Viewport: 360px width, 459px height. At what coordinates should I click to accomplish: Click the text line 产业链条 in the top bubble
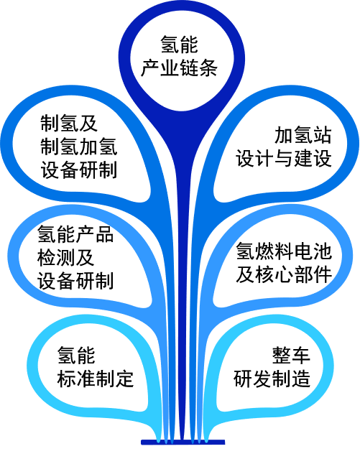click(x=179, y=68)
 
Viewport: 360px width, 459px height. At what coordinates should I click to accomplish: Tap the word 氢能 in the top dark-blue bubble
click(x=179, y=45)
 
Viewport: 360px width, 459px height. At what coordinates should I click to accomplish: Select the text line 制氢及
click(x=69, y=124)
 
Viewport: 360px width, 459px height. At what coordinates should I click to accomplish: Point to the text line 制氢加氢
click(x=79, y=147)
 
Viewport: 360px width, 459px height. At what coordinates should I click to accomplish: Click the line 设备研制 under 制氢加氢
click(x=79, y=170)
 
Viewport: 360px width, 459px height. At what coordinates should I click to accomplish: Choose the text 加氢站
click(x=303, y=135)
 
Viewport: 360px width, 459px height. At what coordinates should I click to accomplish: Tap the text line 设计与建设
click(x=284, y=159)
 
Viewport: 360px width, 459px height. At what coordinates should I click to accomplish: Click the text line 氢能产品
click(x=75, y=234)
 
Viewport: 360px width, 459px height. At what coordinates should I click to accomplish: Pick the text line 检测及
click(x=66, y=258)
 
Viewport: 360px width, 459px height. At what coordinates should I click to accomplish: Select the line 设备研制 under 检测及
click(x=75, y=282)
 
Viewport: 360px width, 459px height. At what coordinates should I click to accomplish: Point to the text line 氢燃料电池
click(x=284, y=251)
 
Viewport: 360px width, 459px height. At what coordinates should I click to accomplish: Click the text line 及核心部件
click(x=284, y=274)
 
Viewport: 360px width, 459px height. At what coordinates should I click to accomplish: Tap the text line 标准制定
click(x=96, y=379)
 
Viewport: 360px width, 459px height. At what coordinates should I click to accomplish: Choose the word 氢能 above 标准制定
click(x=76, y=356)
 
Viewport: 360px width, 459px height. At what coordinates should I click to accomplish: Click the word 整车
click(x=291, y=356)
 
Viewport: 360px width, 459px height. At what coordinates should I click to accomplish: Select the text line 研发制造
click(x=272, y=379)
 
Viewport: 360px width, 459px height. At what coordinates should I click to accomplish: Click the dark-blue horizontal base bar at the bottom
click(x=183, y=442)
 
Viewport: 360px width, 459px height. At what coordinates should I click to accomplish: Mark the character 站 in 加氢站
click(x=322, y=135)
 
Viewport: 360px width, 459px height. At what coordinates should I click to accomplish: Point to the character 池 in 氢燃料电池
click(x=322, y=251)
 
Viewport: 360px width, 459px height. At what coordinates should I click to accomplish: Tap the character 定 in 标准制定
click(x=124, y=379)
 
